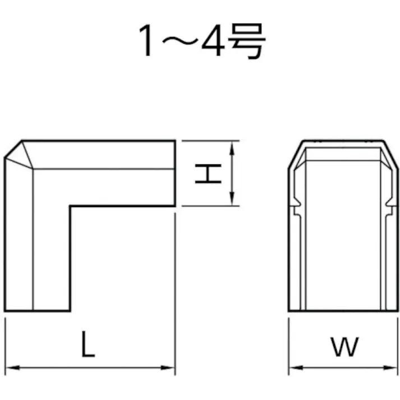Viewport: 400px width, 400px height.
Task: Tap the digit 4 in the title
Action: (213, 40)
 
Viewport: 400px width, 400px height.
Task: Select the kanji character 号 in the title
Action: (247, 41)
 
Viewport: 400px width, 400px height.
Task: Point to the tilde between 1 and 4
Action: (180, 41)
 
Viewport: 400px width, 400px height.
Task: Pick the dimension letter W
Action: (344, 347)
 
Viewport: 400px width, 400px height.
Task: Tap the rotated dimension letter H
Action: (208, 174)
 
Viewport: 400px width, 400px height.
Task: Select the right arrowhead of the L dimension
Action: (168, 368)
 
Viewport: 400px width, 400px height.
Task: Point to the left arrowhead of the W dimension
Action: (296, 368)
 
